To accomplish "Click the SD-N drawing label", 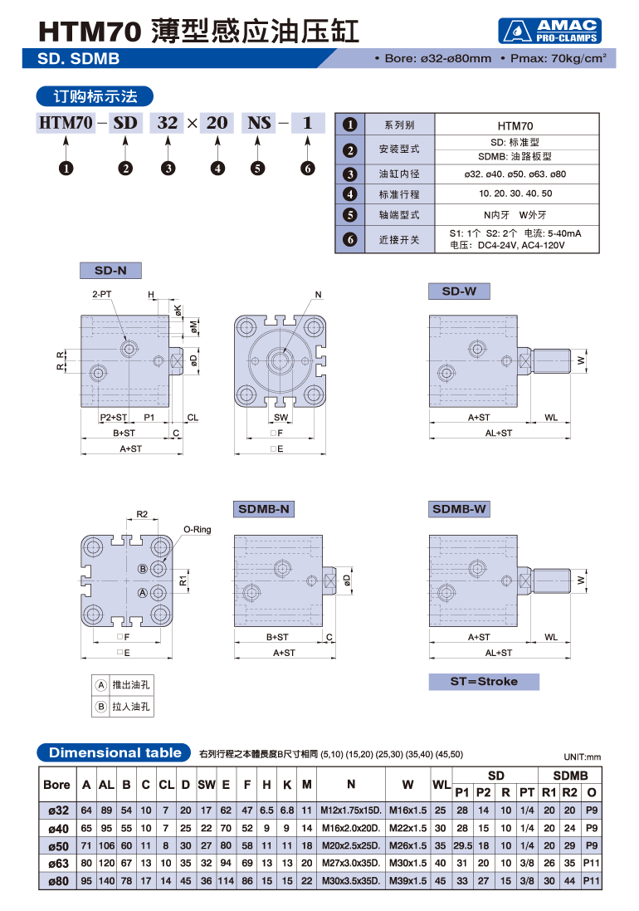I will (x=110, y=271).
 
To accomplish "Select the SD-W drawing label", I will (x=459, y=291).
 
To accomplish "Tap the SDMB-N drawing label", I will (x=264, y=509).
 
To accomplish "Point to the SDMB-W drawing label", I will (x=459, y=509).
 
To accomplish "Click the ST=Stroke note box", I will (x=484, y=682).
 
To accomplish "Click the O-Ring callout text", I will (x=197, y=529).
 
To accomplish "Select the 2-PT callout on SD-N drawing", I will (x=102, y=295).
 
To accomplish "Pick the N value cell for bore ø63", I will (x=351, y=863).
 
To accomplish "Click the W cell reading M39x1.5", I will (x=407, y=880).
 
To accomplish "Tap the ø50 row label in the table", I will (x=57, y=845).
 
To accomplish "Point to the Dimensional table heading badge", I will (x=115, y=753).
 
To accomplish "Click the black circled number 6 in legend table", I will (x=350, y=241).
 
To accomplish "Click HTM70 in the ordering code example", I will (x=66, y=124).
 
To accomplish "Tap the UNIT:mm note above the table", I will (x=581, y=757).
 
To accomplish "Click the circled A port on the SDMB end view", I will (x=143, y=592).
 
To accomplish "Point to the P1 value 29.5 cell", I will (x=462, y=845).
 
